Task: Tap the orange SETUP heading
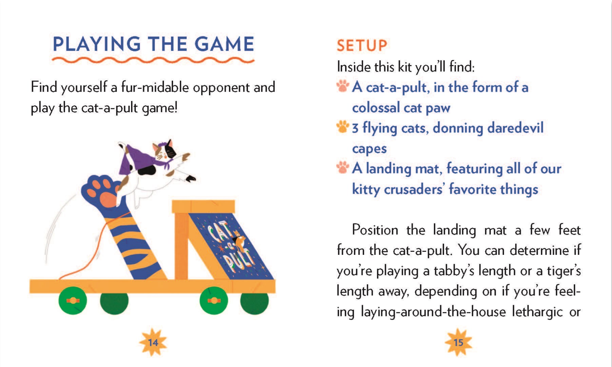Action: click(x=362, y=45)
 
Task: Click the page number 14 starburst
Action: click(x=153, y=342)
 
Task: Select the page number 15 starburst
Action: click(x=458, y=342)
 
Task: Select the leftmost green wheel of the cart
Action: click(x=73, y=301)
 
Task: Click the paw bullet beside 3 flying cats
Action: click(x=343, y=127)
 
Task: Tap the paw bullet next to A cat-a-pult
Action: click(x=343, y=86)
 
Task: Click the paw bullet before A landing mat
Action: click(x=343, y=167)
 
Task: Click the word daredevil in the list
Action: click(x=515, y=128)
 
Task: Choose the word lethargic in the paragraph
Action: click(x=537, y=312)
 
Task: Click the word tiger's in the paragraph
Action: click(x=564, y=271)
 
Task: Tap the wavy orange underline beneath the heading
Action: click(x=153, y=60)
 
